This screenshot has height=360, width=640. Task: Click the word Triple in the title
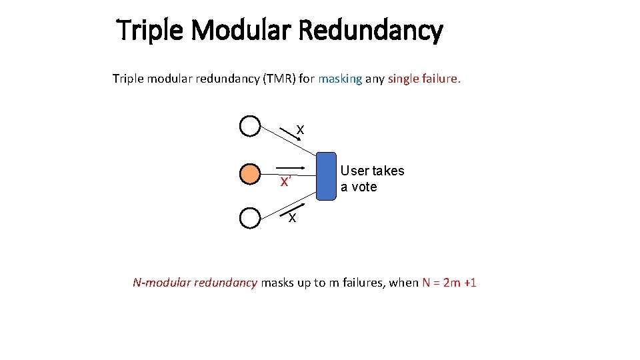point(145,31)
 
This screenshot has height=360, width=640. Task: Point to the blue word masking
point(340,79)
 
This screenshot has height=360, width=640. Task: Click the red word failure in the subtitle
point(440,79)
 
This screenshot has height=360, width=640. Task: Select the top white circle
point(249,126)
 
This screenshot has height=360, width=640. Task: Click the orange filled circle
point(249,173)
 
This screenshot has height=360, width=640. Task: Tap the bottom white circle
point(249,218)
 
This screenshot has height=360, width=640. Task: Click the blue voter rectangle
point(325,176)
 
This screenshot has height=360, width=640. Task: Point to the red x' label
point(285,182)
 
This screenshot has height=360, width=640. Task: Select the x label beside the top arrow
point(301,130)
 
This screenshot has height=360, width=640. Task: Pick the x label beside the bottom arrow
point(292,219)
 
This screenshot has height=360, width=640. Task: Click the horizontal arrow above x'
point(291,167)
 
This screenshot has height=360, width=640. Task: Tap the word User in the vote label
point(355,171)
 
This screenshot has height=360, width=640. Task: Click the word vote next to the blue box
point(364,187)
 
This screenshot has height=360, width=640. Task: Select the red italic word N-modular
point(161,283)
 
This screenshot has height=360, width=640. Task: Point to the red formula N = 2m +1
point(449,283)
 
